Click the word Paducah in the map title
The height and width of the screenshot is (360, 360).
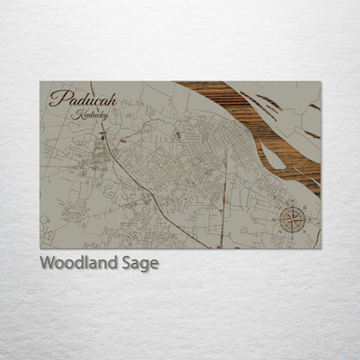tap(83, 98)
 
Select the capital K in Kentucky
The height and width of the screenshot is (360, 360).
tap(74, 114)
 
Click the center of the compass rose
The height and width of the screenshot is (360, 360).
tap(292, 221)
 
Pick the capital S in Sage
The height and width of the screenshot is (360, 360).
tap(127, 263)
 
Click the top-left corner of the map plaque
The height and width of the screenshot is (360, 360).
tap(41, 82)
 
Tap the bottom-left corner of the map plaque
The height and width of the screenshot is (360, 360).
tap(41, 248)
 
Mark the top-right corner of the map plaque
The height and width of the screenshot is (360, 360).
tap(320, 82)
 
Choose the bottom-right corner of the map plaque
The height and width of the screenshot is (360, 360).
tap(320, 248)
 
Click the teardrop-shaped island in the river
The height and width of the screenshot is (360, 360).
tap(274, 155)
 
